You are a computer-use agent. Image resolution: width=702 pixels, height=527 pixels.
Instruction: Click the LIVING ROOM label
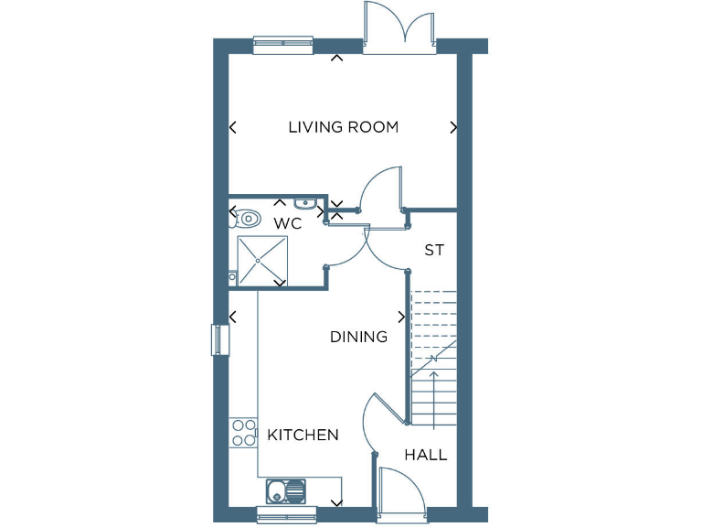click(x=343, y=127)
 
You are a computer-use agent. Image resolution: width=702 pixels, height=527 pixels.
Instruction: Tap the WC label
click(x=287, y=222)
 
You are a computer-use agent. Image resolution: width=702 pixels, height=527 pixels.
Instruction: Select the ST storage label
click(x=433, y=250)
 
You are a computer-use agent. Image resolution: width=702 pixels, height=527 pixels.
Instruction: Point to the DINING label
click(x=358, y=337)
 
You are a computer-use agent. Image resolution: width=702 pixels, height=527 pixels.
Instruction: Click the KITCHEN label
click(x=303, y=435)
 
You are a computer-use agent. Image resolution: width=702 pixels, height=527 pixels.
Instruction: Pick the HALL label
click(x=426, y=455)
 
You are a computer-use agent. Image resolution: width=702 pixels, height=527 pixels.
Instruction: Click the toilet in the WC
click(x=245, y=220)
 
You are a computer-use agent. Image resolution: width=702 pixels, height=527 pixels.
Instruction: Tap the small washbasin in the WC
click(x=305, y=203)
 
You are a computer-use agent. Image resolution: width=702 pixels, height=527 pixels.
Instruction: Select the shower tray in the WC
click(x=262, y=261)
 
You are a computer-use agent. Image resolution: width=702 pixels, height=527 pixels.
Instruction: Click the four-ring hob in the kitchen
click(x=243, y=432)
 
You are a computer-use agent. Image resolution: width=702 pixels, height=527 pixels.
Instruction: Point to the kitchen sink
click(x=286, y=491)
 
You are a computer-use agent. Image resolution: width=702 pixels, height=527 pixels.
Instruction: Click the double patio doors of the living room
click(x=399, y=27)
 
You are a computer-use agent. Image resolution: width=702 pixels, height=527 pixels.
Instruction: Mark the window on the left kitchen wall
click(x=218, y=339)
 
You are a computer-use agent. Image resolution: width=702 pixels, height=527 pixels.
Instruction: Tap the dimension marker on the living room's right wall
click(x=452, y=128)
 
